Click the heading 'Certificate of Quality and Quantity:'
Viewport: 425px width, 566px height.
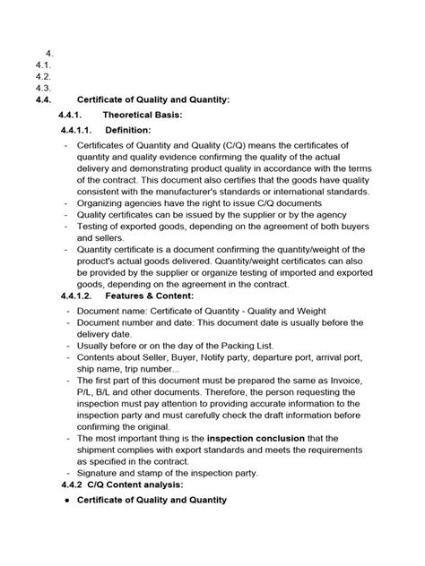coord(154,99)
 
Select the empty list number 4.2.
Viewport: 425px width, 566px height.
coord(39,76)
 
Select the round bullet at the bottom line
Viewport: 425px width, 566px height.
coord(68,500)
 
